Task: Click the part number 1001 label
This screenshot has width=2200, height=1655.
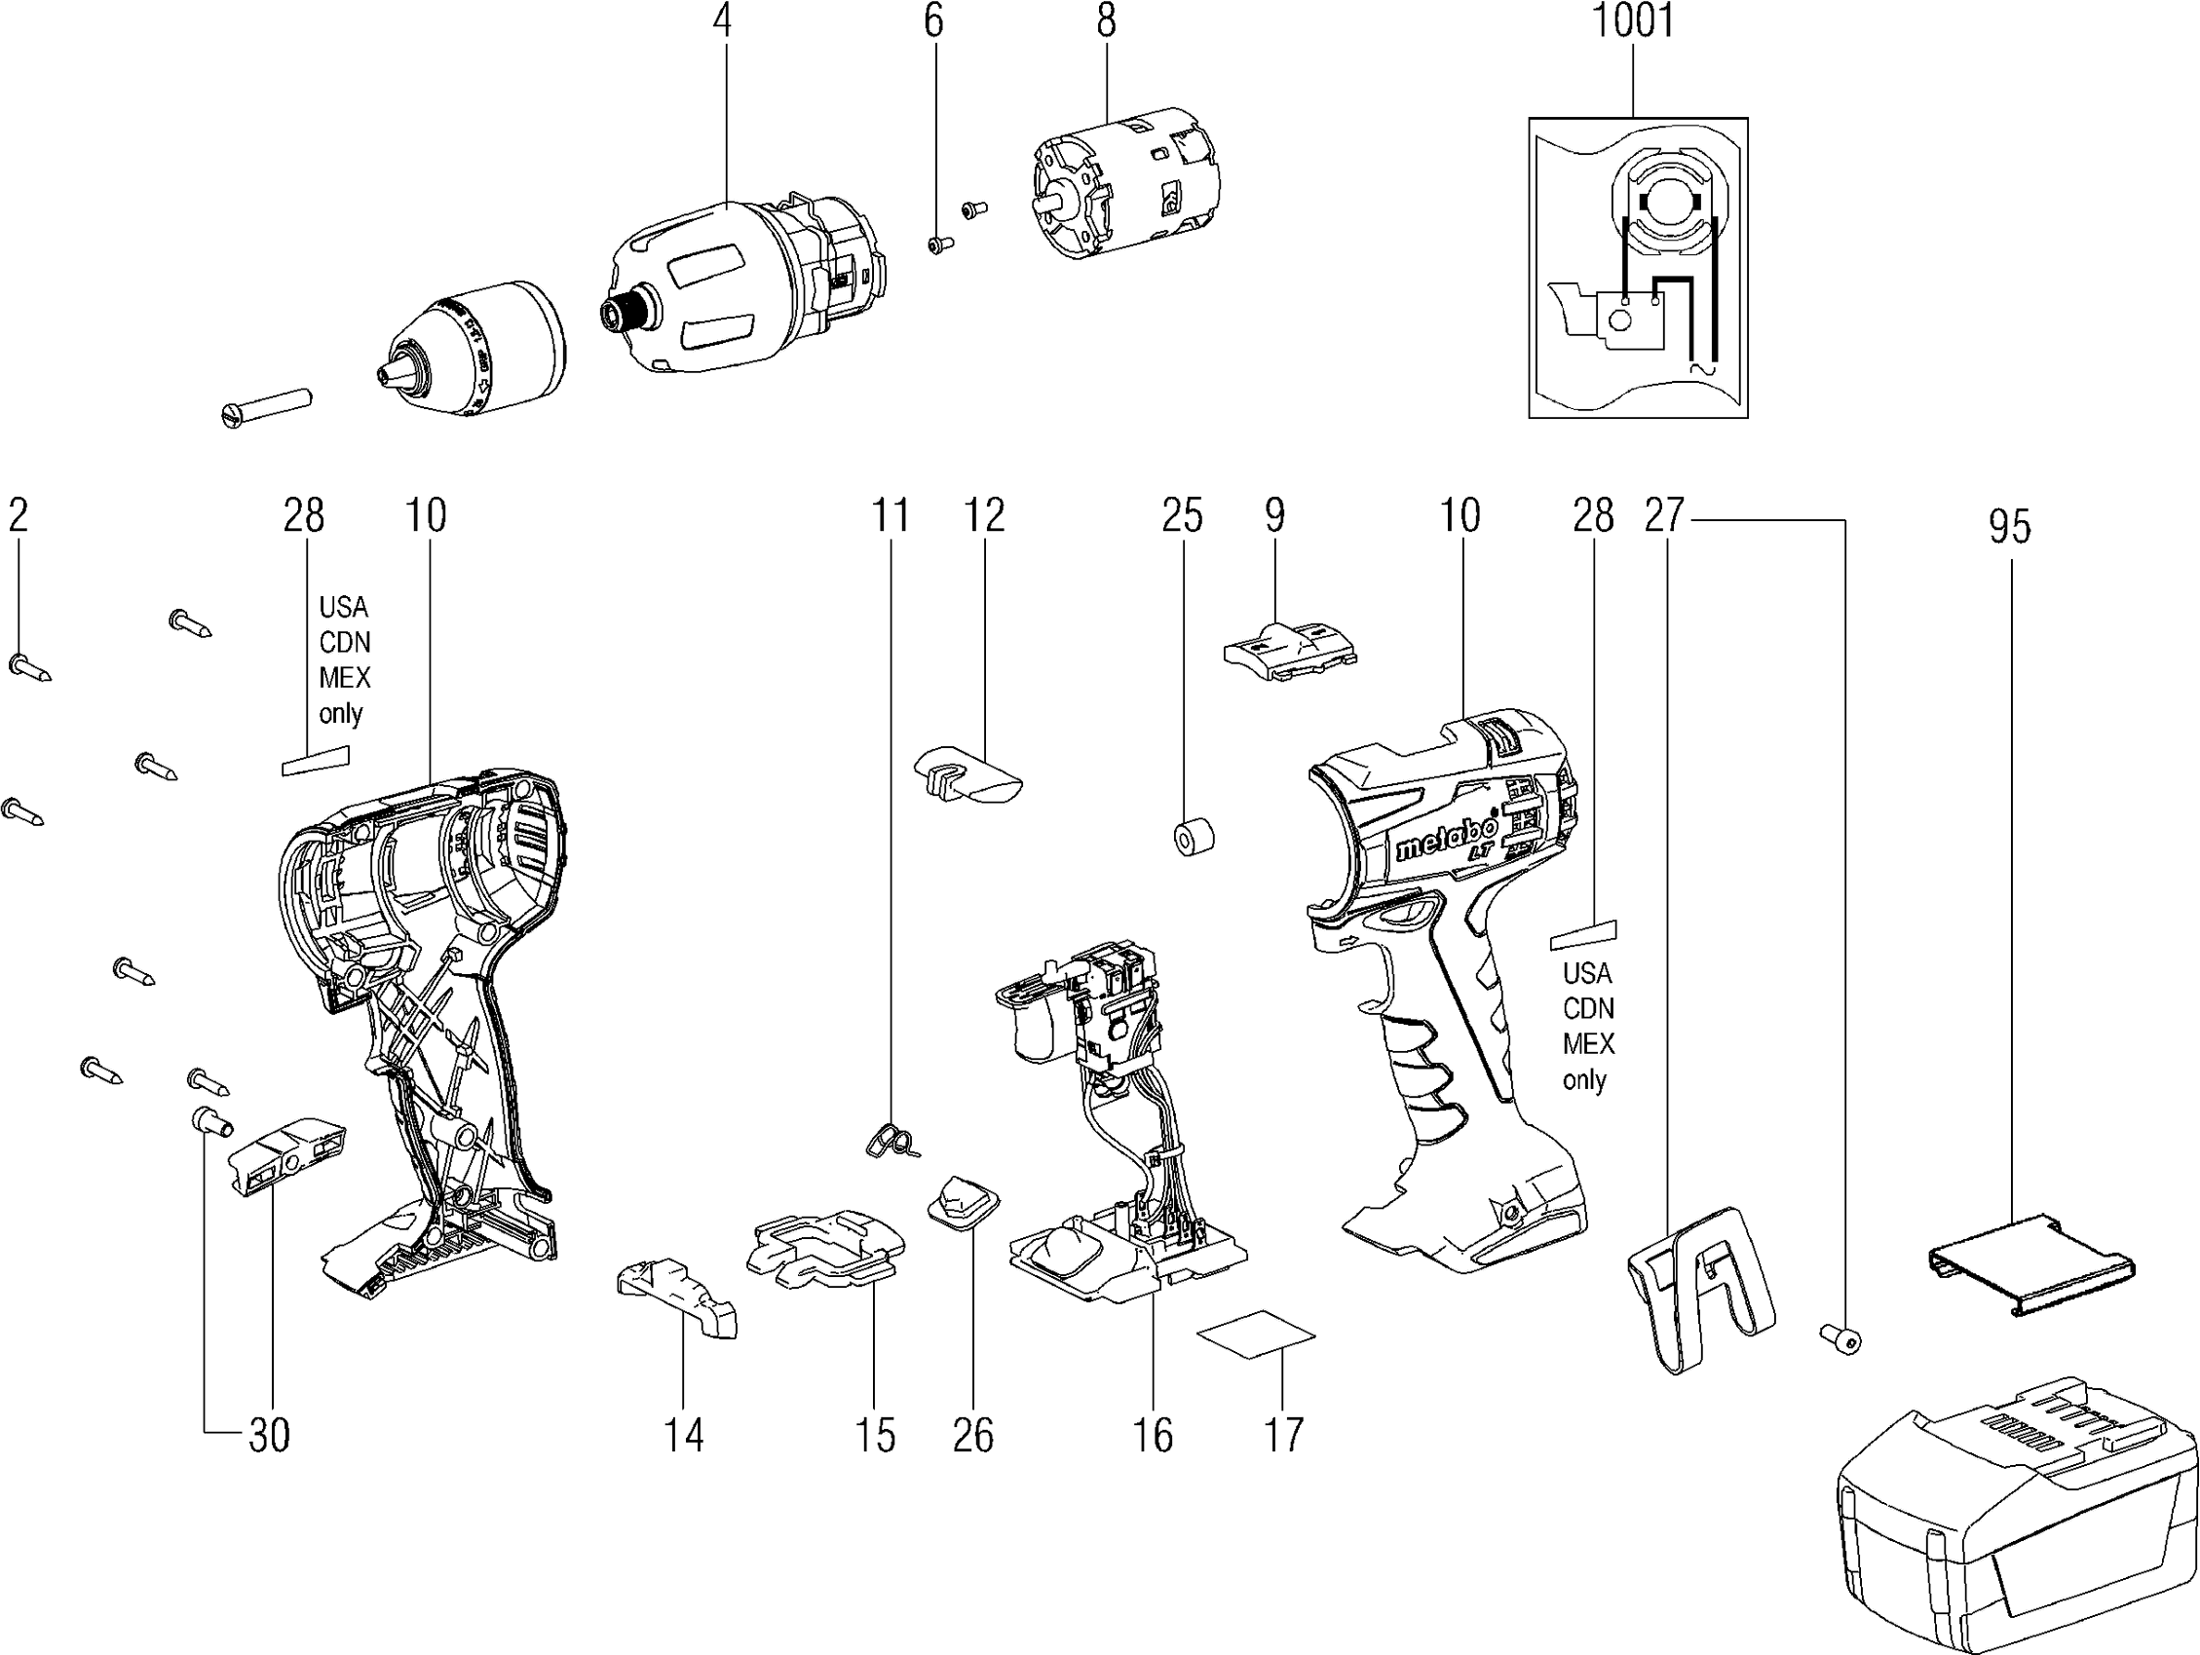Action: (x=1633, y=21)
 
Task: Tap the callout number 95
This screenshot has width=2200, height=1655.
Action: (x=2009, y=527)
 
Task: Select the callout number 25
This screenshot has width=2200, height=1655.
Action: (x=1182, y=516)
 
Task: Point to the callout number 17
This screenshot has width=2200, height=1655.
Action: (x=1283, y=1435)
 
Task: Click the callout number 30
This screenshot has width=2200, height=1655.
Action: (x=269, y=1435)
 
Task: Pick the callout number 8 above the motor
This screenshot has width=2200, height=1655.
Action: (x=1106, y=20)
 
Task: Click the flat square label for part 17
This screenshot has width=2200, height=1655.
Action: (x=1255, y=1333)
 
